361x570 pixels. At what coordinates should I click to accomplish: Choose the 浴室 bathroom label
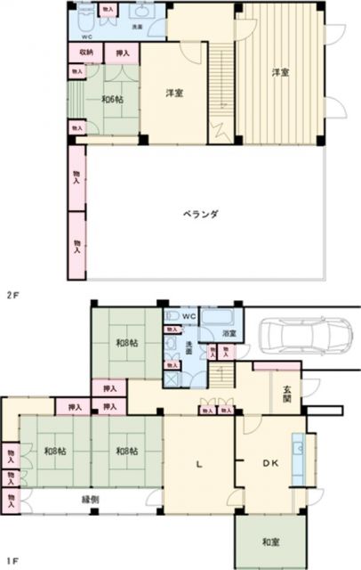[229, 333]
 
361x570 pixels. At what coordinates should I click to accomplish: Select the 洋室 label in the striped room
[279, 73]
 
